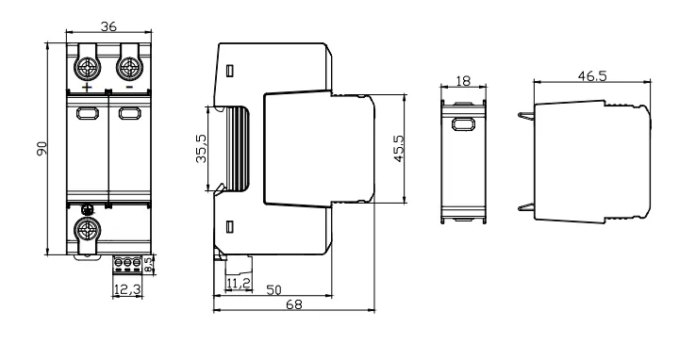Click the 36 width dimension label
108,26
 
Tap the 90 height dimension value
41,148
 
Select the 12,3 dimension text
127,289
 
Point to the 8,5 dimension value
149,265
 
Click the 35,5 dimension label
202,148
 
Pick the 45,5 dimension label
398,148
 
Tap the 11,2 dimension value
239,283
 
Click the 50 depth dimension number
273,290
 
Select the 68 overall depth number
294,304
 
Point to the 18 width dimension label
463,81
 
